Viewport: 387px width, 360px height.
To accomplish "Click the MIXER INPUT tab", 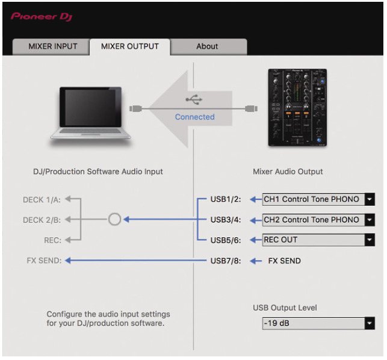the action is click(x=52, y=46).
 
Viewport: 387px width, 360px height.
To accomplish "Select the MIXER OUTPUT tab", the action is click(x=130, y=46).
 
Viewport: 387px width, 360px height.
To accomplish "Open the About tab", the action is click(x=207, y=46).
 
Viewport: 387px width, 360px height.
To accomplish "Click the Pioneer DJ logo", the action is click(x=42, y=17).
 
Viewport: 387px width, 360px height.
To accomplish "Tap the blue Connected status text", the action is click(x=195, y=117).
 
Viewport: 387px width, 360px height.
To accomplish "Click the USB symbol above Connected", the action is click(x=194, y=99).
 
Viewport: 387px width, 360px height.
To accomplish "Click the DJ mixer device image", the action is click(x=297, y=107).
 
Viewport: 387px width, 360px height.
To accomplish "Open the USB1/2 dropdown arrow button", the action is click(x=370, y=199).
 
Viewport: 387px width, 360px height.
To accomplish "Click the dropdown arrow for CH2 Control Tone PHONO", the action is click(x=370, y=220).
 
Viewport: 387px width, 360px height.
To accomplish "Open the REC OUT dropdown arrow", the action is click(x=370, y=240).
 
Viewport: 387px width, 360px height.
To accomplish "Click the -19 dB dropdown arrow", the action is click(x=370, y=323).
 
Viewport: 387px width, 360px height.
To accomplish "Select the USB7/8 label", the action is click(x=226, y=261).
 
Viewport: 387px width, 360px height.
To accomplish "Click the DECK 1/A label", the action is click(x=42, y=199).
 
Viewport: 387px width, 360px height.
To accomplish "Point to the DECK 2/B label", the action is click(x=42, y=220).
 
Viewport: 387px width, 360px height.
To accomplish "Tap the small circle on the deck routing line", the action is click(x=114, y=219).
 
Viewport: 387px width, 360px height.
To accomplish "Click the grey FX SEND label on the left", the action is click(x=44, y=261).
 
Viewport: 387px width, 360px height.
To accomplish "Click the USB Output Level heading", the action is click(x=285, y=308).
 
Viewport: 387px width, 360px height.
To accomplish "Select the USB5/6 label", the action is click(x=226, y=240).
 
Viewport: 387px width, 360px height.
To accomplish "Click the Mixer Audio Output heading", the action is click(x=288, y=172).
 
